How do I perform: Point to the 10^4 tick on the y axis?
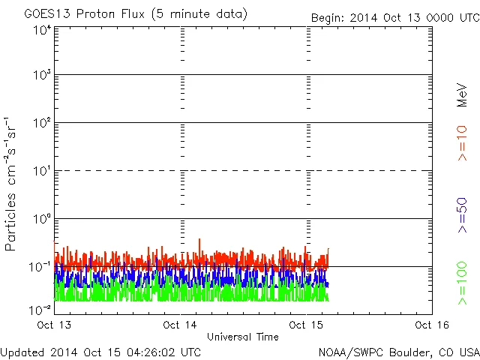point(42,30)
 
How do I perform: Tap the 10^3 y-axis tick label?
point(42,76)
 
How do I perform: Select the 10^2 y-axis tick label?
point(42,123)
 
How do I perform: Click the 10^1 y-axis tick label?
point(42,171)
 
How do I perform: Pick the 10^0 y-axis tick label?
point(42,219)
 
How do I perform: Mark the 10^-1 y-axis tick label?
point(40,267)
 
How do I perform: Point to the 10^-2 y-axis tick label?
point(40,309)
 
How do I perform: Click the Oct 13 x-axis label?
point(55,325)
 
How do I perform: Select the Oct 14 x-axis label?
point(180,325)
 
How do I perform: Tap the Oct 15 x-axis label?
point(305,325)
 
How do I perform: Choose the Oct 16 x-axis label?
point(430,325)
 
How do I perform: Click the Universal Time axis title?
point(243,337)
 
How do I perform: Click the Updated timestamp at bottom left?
point(101,351)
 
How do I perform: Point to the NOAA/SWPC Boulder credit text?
point(398,351)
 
